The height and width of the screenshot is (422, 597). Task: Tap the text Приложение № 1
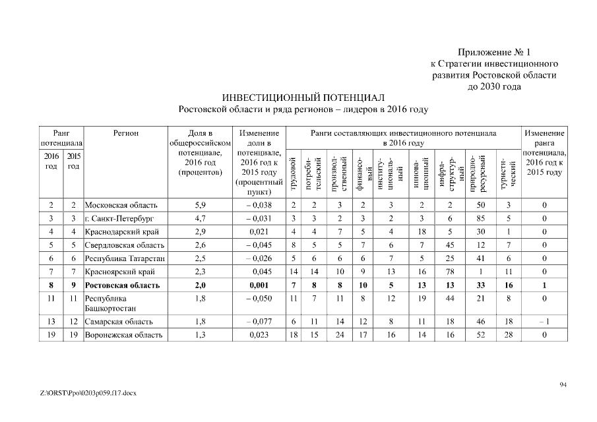pyautogui.click(x=493, y=52)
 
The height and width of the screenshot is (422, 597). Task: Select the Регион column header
pyautogui.click(x=125, y=133)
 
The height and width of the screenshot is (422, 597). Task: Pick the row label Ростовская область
pyautogui.click(x=123, y=286)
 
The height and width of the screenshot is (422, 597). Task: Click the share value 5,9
pyautogui.click(x=200, y=205)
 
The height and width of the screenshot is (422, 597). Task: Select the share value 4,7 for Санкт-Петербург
pyautogui.click(x=200, y=218)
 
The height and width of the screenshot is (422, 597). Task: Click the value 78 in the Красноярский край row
pyautogui.click(x=449, y=272)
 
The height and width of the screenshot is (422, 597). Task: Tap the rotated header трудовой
pyautogui.click(x=294, y=172)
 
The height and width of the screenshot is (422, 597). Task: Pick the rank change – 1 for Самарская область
pyautogui.click(x=544, y=322)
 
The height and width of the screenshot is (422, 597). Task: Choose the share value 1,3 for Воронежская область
pyautogui.click(x=200, y=335)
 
